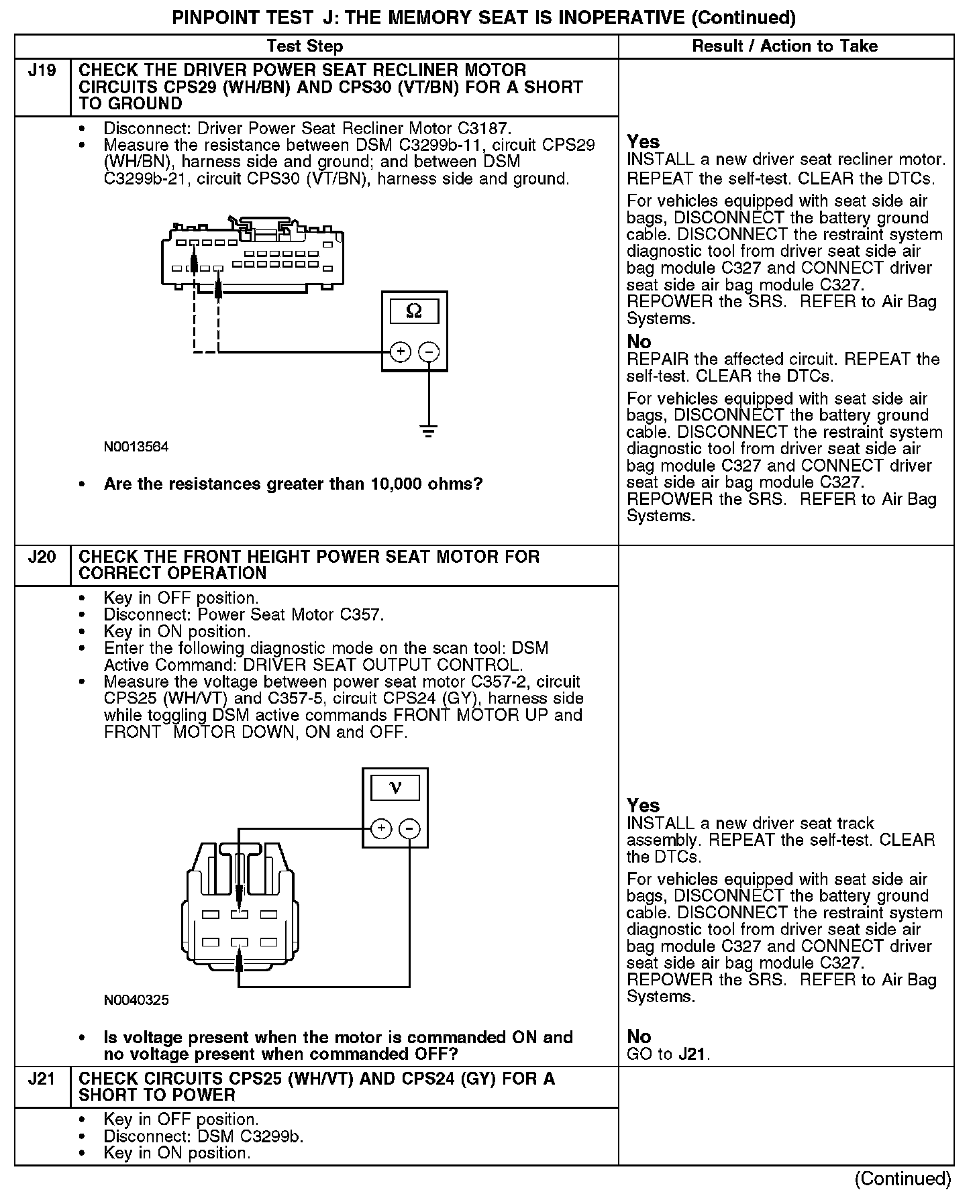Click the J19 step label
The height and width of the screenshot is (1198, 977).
pos(42,70)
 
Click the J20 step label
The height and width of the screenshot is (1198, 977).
pos(42,557)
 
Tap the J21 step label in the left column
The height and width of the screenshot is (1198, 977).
pos(42,1079)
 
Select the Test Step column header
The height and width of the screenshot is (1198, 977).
pos(305,46)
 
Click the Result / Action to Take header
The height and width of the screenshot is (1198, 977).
pos(784,46)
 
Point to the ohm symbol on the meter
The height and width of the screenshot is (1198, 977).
pos(414,311)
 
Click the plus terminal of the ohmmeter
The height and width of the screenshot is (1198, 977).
pos(400,351)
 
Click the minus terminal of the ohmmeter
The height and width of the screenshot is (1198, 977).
pos(429,351)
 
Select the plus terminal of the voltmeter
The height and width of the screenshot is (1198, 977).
pos(381,828)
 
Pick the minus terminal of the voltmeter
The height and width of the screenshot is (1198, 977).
pos(410,828)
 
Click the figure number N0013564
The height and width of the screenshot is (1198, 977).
pos(136,447)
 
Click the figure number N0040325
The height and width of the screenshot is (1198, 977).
pos(136,1000)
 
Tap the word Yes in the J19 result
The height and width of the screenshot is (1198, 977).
pos(643,142)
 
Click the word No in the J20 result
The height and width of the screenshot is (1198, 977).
pos(639,1037)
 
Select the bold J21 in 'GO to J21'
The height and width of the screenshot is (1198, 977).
pos(692,1054)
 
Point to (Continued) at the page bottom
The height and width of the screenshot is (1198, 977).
pos(903,1179)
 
